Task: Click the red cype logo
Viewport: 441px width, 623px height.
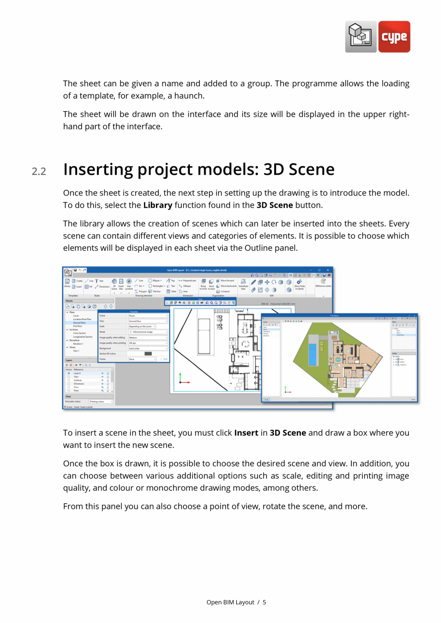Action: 394,37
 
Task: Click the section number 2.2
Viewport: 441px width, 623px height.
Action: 39,171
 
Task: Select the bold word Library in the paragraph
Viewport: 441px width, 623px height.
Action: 158,205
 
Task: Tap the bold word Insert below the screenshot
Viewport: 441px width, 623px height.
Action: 246,433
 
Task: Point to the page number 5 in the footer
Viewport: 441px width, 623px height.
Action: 264,602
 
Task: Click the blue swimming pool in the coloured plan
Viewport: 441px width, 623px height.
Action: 313,354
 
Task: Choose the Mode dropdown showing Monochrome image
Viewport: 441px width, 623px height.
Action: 148,332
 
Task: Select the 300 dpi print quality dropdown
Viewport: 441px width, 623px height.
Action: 148,343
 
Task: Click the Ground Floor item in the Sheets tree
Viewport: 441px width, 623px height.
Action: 80,323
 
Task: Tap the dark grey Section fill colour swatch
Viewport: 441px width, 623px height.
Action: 148,354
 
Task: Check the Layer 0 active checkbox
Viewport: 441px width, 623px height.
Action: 69,373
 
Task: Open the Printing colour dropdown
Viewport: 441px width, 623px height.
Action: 101,402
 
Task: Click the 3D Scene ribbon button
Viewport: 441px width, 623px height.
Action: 114,284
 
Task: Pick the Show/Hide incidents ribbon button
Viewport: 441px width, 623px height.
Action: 300,285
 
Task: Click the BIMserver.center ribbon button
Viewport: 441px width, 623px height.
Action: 323,284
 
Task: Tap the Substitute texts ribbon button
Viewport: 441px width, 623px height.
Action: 244,284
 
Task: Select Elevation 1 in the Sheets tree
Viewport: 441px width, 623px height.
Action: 78,344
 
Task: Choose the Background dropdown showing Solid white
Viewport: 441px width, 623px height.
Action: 148,348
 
